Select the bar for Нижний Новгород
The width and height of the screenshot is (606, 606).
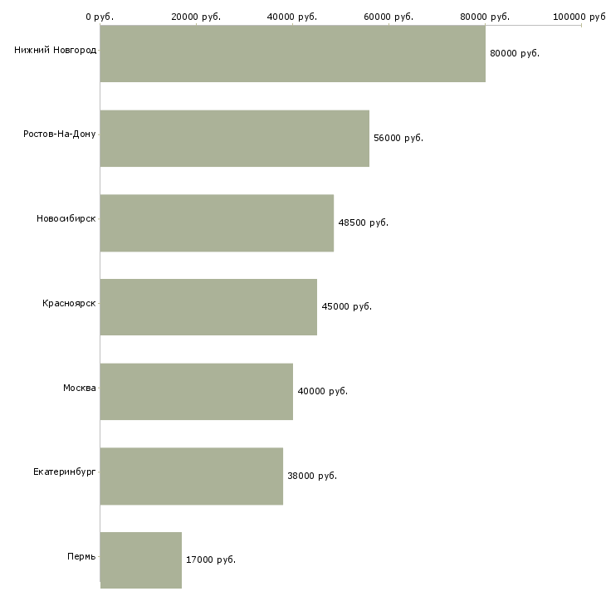(x=292, y=53)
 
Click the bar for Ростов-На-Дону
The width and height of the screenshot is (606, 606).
(x=235, y=139)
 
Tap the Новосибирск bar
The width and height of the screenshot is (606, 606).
(x=217, y=223)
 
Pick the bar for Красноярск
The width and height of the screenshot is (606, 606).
(x=208, y=307)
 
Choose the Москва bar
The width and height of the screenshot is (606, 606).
(x=197, y=392)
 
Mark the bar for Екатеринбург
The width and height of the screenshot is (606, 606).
(x=191, y=476)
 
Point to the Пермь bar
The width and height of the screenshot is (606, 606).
(x=140, y=560)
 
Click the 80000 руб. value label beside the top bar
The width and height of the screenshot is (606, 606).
(x=515, y=53)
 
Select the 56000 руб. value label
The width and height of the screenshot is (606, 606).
(x=398, y=138)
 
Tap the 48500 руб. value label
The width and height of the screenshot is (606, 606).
(x=363, y=222)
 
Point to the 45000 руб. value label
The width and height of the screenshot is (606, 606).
(x=346, y=306)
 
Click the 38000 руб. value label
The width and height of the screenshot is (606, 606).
(x=312, y=476)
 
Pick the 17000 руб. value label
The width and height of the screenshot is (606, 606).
(x=211, y=560)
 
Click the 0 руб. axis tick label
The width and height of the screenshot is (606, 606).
(x=100, y=17)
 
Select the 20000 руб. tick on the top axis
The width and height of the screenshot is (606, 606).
(x=196, y=17)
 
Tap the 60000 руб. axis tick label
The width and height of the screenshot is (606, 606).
(x=389, y=17)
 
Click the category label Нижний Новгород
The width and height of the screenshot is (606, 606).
(x=56, y=50)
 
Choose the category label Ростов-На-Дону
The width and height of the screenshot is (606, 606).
(x=60, y=134)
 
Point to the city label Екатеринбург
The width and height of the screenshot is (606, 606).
(x=64, y=472)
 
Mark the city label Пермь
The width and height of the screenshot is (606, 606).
(x=81, y=556)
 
